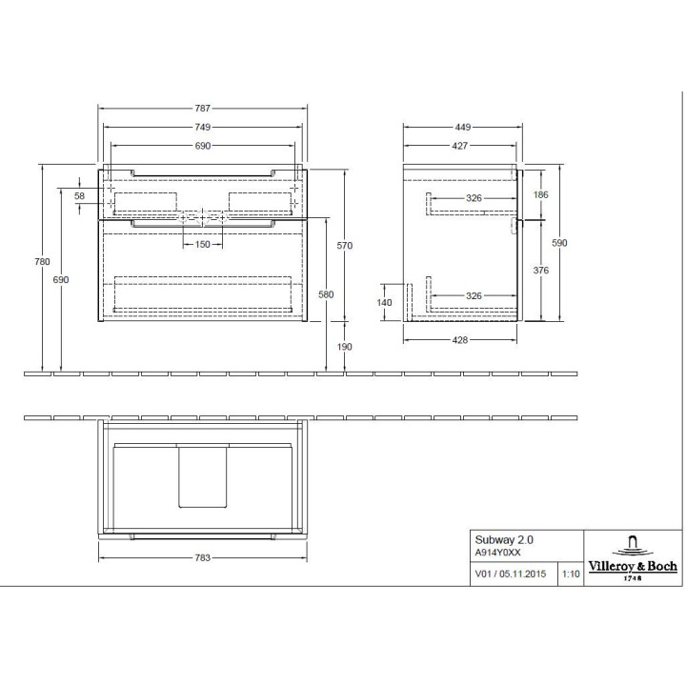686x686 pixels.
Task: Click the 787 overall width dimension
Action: coord(203,109)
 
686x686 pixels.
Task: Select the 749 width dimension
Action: coord(203,127)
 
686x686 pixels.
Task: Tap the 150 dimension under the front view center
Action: coord(202,245)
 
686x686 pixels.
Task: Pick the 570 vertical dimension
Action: coord(345,246)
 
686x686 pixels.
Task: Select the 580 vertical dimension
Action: coord(327,294)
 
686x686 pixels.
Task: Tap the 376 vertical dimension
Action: coord(542,270)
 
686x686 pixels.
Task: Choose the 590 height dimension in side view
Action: coord(560,244)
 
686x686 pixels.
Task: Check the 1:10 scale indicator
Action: coord(571,575)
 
